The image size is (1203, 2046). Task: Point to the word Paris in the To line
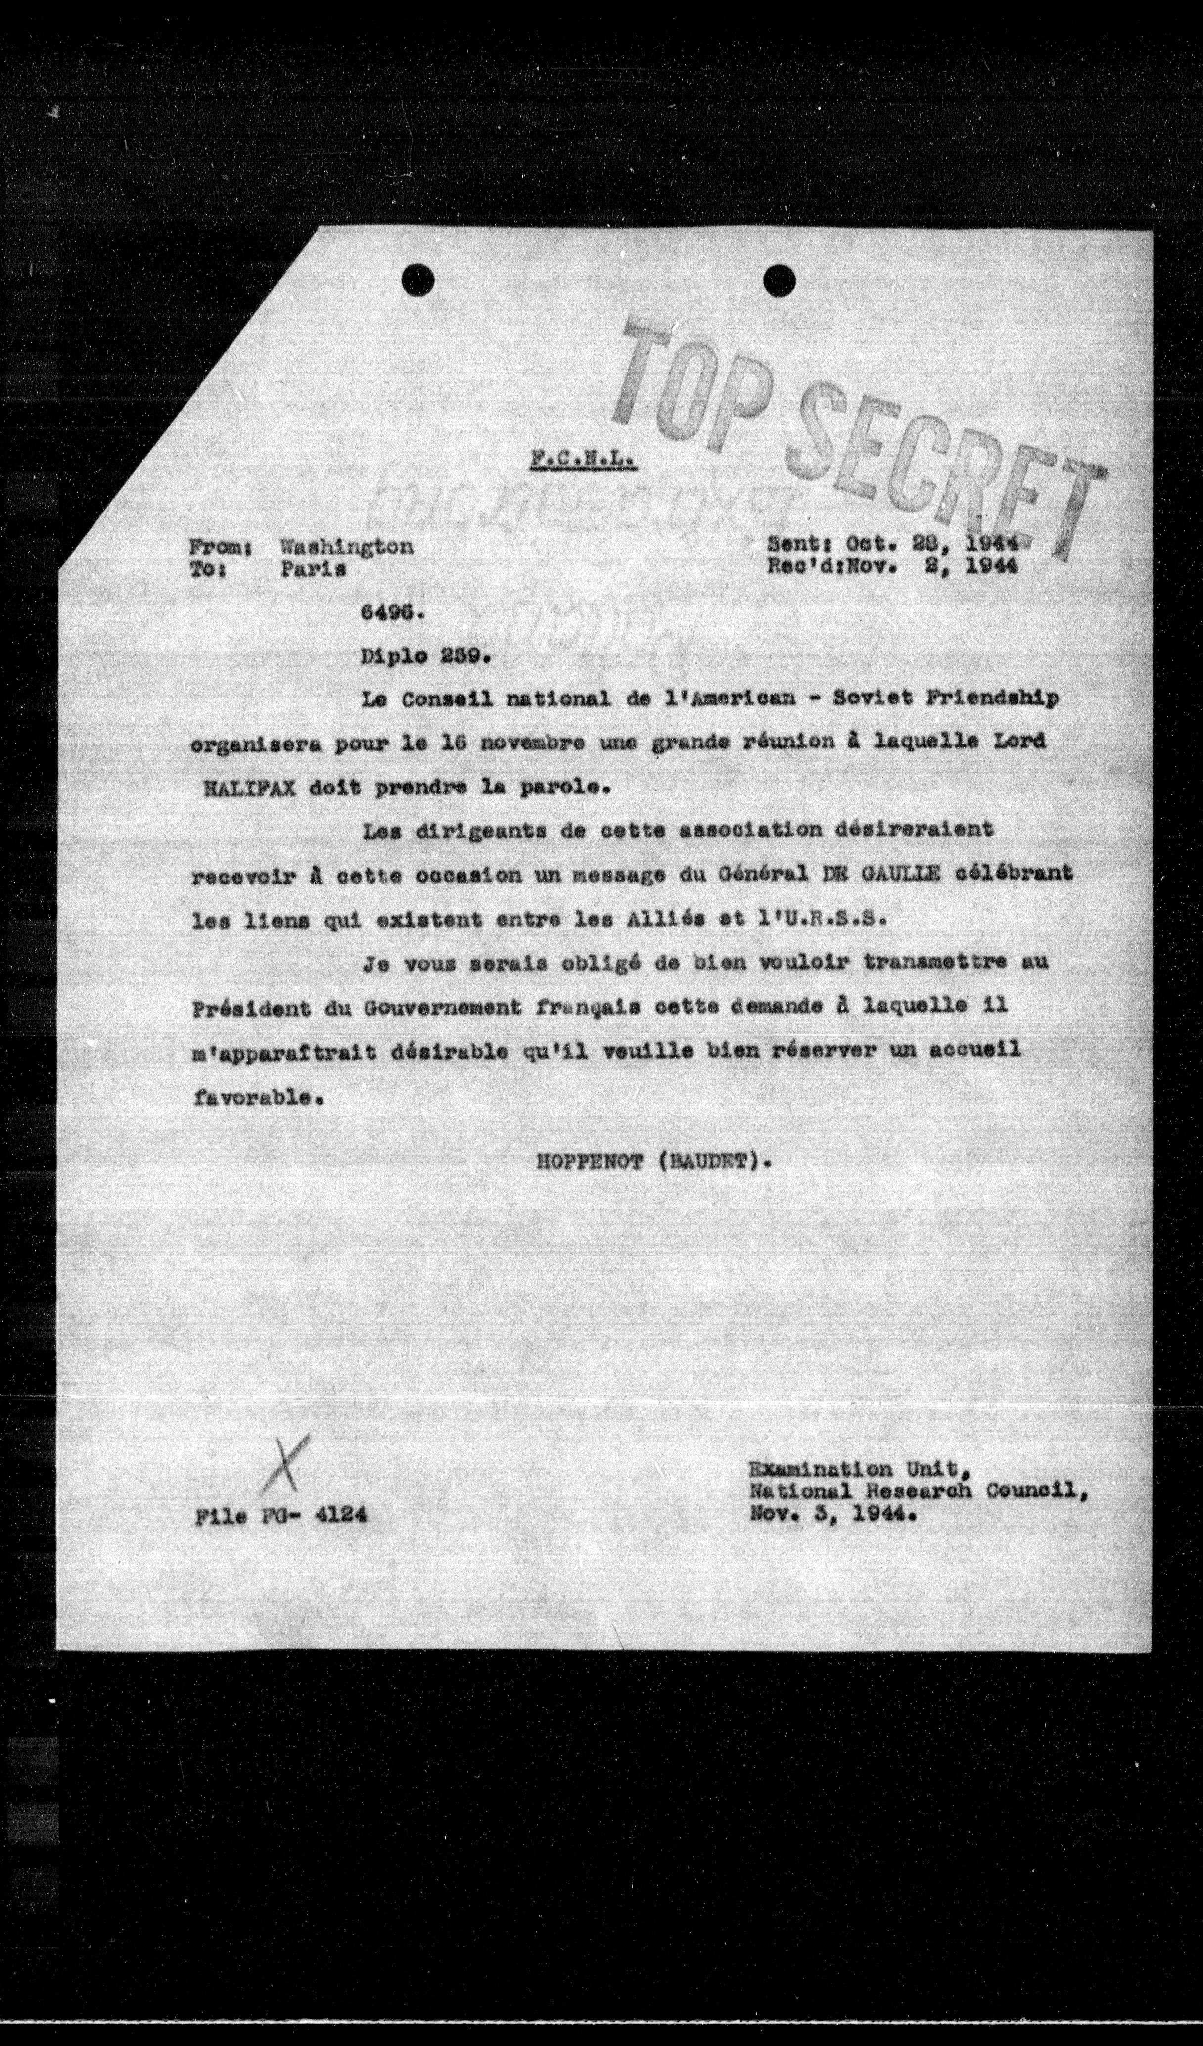pyautogui.click(x=313, y=569)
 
